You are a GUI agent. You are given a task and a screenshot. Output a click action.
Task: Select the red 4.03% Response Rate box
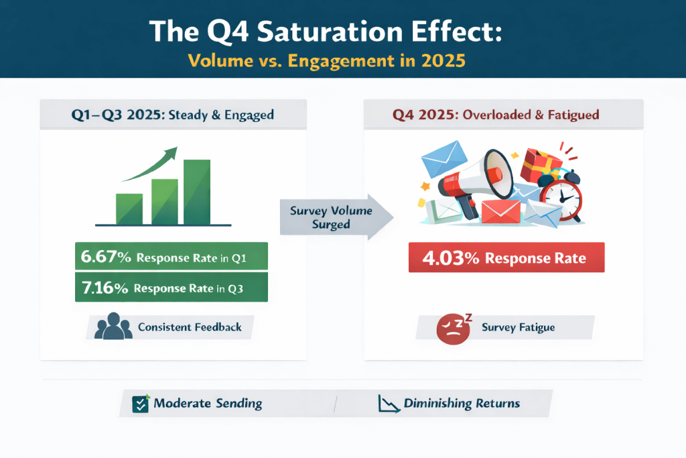[506, 257]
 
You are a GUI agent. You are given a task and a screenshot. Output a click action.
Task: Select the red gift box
[543, 162]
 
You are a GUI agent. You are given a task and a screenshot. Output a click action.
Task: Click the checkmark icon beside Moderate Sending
[141, 404]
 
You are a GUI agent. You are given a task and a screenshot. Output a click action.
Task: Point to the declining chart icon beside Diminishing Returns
[388, 404]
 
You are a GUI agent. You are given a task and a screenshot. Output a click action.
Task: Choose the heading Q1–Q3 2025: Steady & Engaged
[173, 115]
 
